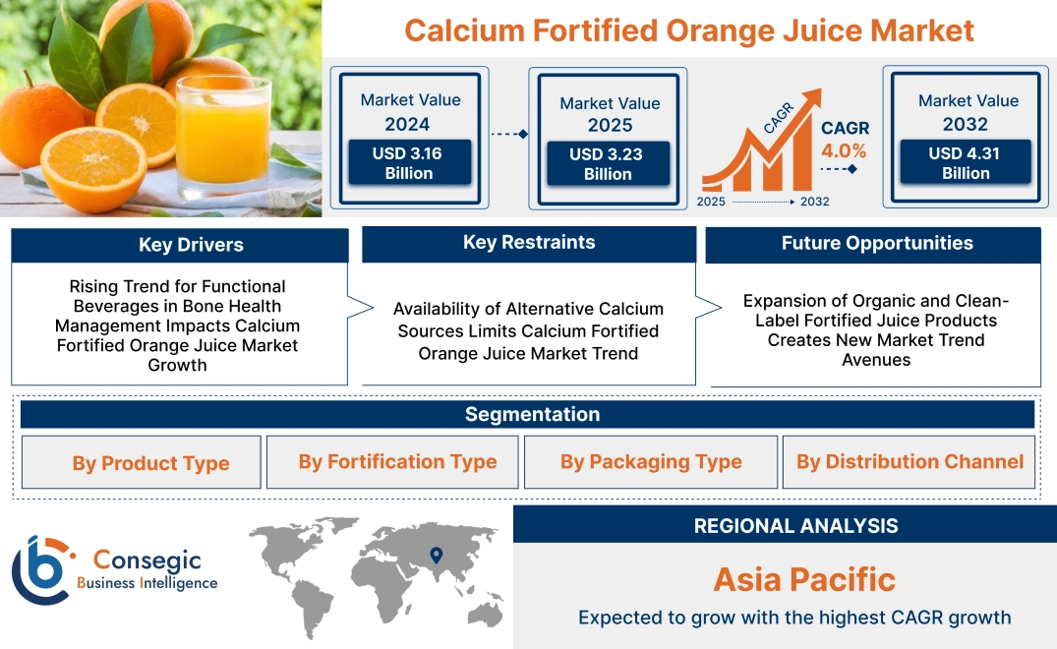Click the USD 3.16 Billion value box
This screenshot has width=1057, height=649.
(x=408, y=163)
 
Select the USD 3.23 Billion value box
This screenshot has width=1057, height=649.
(x=608, y=164)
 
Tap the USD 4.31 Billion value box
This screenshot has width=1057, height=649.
(x=966, y=163)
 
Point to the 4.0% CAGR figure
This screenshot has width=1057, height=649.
(x=844, y=150)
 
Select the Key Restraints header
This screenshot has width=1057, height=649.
(x=529, y=243)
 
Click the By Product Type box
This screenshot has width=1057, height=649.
(x=150, y=463)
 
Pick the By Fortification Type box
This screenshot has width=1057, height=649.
(x=397, y=462)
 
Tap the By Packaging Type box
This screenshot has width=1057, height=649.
(x=651, y=462)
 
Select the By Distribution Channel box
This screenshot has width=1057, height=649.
(x=910, y=462)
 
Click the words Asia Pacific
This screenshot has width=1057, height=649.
(x=803, y=579)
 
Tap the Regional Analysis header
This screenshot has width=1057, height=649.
(x=795, y=526)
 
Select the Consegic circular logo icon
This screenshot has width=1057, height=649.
(x=41, y=568)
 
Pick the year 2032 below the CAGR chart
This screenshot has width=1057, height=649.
(x=813, y=202)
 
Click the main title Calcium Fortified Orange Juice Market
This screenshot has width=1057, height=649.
(x=688, y=30)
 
